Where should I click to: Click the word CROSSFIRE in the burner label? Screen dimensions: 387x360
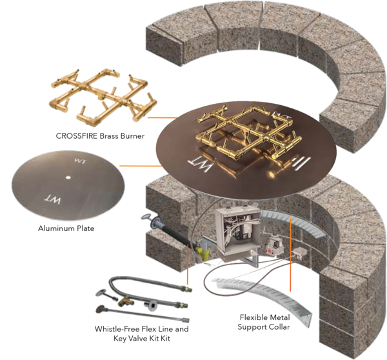77,135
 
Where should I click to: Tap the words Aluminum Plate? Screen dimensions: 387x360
66,228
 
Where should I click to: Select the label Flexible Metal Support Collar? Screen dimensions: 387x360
264,322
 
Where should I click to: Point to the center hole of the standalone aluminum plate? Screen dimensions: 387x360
68,177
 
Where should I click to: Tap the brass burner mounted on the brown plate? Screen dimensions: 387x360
249,134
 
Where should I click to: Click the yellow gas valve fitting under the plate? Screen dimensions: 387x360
203,253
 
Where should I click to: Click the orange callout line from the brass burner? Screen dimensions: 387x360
163,117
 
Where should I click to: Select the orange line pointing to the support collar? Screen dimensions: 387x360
290,254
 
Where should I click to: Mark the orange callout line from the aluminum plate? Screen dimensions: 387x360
141,166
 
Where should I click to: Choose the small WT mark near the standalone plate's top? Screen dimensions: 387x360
80,161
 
